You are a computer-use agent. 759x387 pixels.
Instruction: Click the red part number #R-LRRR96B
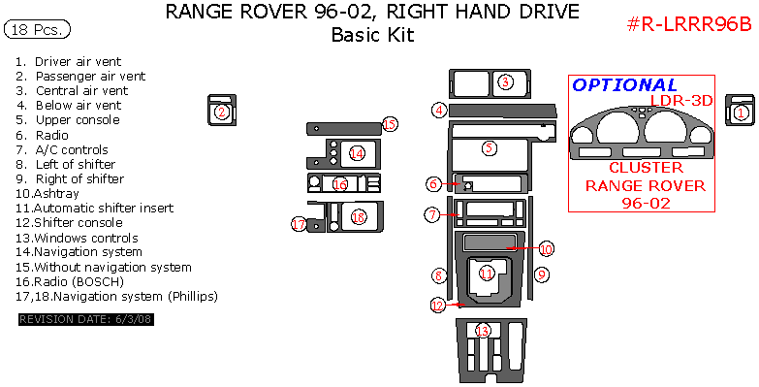(x=689, y=23)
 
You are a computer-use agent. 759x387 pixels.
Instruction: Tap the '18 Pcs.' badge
(x=37, y=29)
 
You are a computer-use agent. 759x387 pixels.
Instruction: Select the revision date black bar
(x=86, y=320)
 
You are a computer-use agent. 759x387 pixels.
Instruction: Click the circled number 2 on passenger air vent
(x=222, y=113)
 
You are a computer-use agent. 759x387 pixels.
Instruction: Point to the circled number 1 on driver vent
(x=741, y=113)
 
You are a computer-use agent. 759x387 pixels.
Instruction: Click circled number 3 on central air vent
(x=505, y=81)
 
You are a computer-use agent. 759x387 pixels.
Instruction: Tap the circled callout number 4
(x=439, y=111)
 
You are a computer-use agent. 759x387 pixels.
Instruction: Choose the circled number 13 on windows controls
(x=483, y=331)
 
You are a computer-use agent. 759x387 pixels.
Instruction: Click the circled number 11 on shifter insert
(x=487, y=274)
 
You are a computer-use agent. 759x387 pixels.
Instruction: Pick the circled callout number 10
(x=546, y=249)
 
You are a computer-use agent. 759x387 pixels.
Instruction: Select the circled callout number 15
(x=390, y=124)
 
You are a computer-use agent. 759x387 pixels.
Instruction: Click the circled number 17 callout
(x=299, y=224)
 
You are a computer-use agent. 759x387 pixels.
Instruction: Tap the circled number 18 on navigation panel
(x=359, y=217)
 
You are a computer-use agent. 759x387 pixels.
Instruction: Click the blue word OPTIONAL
(x=624, y=85)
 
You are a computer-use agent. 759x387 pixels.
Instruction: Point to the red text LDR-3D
(x=681, y=100)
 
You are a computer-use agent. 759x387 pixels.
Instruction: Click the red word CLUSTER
(x=646, y=168)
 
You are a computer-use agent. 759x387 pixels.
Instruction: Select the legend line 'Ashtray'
(x=47, y=194)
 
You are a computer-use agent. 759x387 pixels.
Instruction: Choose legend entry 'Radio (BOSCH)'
(x=70, y=281)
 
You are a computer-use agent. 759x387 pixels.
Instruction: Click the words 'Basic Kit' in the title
(x=373, y=35)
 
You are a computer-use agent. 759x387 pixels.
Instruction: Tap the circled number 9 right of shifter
(x=541, y=275)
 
